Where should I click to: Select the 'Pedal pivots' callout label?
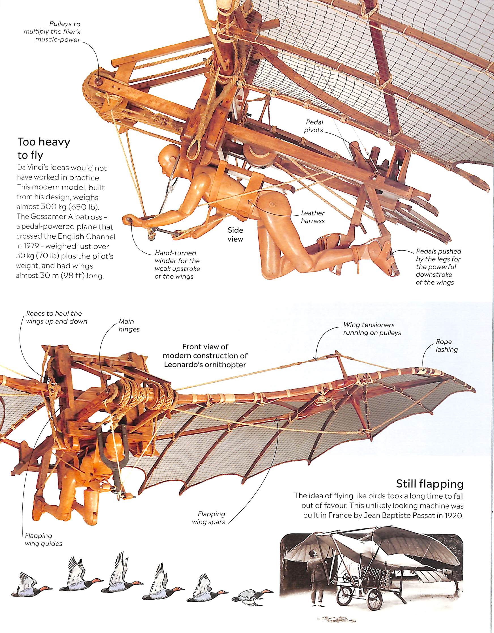point(314,126)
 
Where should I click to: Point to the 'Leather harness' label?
point(312,217)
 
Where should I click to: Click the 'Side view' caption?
point(235,234)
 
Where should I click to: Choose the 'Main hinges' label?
point(129,326)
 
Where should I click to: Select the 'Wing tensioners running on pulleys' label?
point(372,329)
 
